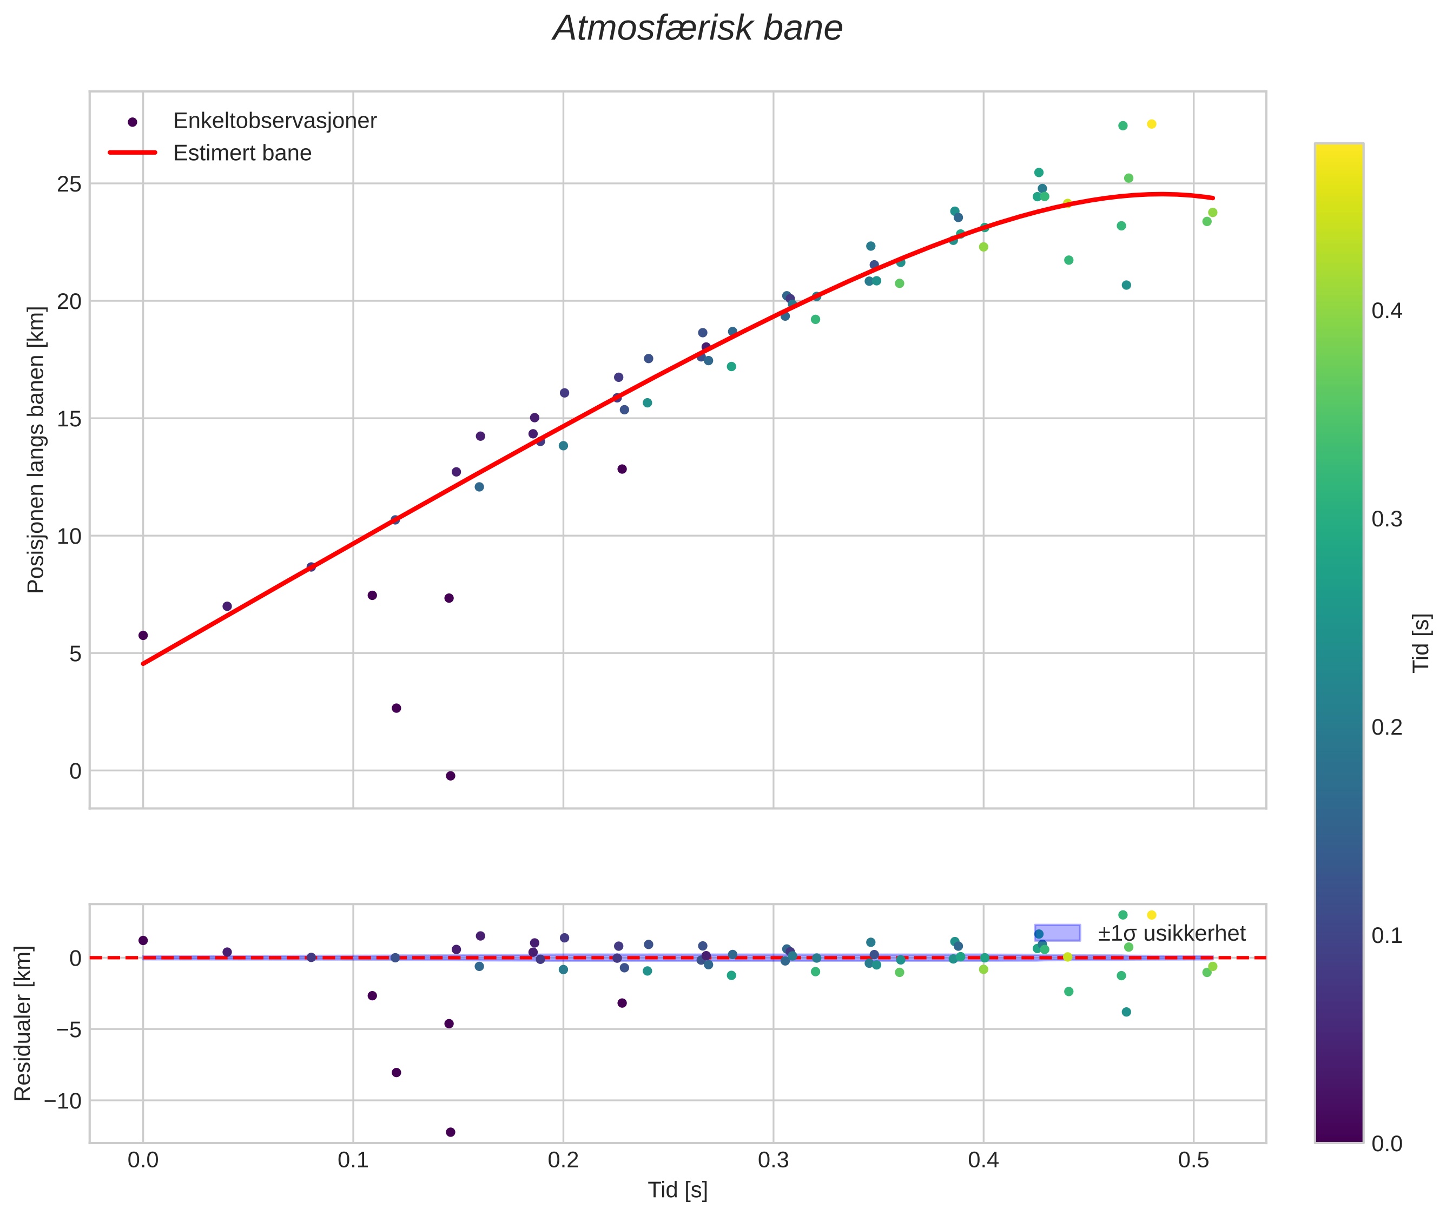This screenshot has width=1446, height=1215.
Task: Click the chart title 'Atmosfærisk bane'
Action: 697,29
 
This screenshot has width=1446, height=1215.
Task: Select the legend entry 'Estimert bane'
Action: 242,153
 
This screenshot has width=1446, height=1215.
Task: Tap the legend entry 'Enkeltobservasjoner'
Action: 274,121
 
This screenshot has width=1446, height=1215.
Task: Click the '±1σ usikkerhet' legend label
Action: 1171,933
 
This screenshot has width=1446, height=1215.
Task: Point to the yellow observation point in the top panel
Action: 1151,124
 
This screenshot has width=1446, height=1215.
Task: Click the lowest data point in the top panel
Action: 451,776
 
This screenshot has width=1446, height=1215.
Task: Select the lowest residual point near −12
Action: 451,1132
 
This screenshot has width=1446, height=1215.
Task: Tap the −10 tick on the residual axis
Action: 62,1101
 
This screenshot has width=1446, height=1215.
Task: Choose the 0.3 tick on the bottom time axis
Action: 773,1160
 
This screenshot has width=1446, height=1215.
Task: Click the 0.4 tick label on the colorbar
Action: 1386,311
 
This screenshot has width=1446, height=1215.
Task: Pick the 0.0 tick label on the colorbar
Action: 1386,1144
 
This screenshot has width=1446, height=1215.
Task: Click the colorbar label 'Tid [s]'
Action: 1421,643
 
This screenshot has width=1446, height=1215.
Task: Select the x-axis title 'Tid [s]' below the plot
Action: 677,1190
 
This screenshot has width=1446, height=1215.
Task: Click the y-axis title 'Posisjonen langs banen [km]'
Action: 35,450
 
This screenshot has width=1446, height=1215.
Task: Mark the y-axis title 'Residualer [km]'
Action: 23,1023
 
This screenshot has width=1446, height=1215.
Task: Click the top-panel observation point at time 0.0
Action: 143,635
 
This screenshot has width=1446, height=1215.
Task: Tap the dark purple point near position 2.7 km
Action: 396,708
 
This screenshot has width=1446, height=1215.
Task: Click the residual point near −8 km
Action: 396,1072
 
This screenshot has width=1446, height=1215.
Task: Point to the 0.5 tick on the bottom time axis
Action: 1193,1160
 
